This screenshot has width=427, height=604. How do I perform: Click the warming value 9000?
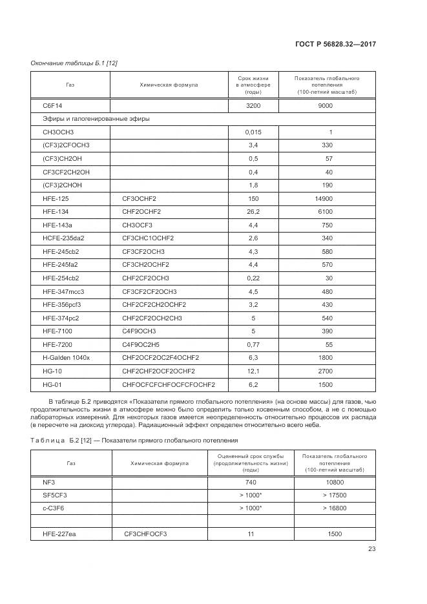pyautogui.click(x=326, y=105)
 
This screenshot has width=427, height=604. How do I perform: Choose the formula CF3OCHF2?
pyautogui.click(x=140, y=198)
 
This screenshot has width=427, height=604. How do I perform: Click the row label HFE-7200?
pyautogui.click(x=57, y=344)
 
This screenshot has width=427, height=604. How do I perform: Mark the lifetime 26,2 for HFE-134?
pyautogui.click(x=253, y=212)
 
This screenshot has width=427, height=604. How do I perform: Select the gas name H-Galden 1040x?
pyautogui.click(x=67, y=357)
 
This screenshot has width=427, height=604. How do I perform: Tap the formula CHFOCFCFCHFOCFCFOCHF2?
pyautogui.click(x=169, y=384)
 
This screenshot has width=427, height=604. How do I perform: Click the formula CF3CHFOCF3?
pyautogui.click(x=145, y=534)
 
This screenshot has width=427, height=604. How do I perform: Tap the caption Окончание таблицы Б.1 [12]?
pyautogui.click(x=74, y=63)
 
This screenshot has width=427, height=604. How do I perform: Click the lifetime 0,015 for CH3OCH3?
pyautogui.click(x=253, y=132)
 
